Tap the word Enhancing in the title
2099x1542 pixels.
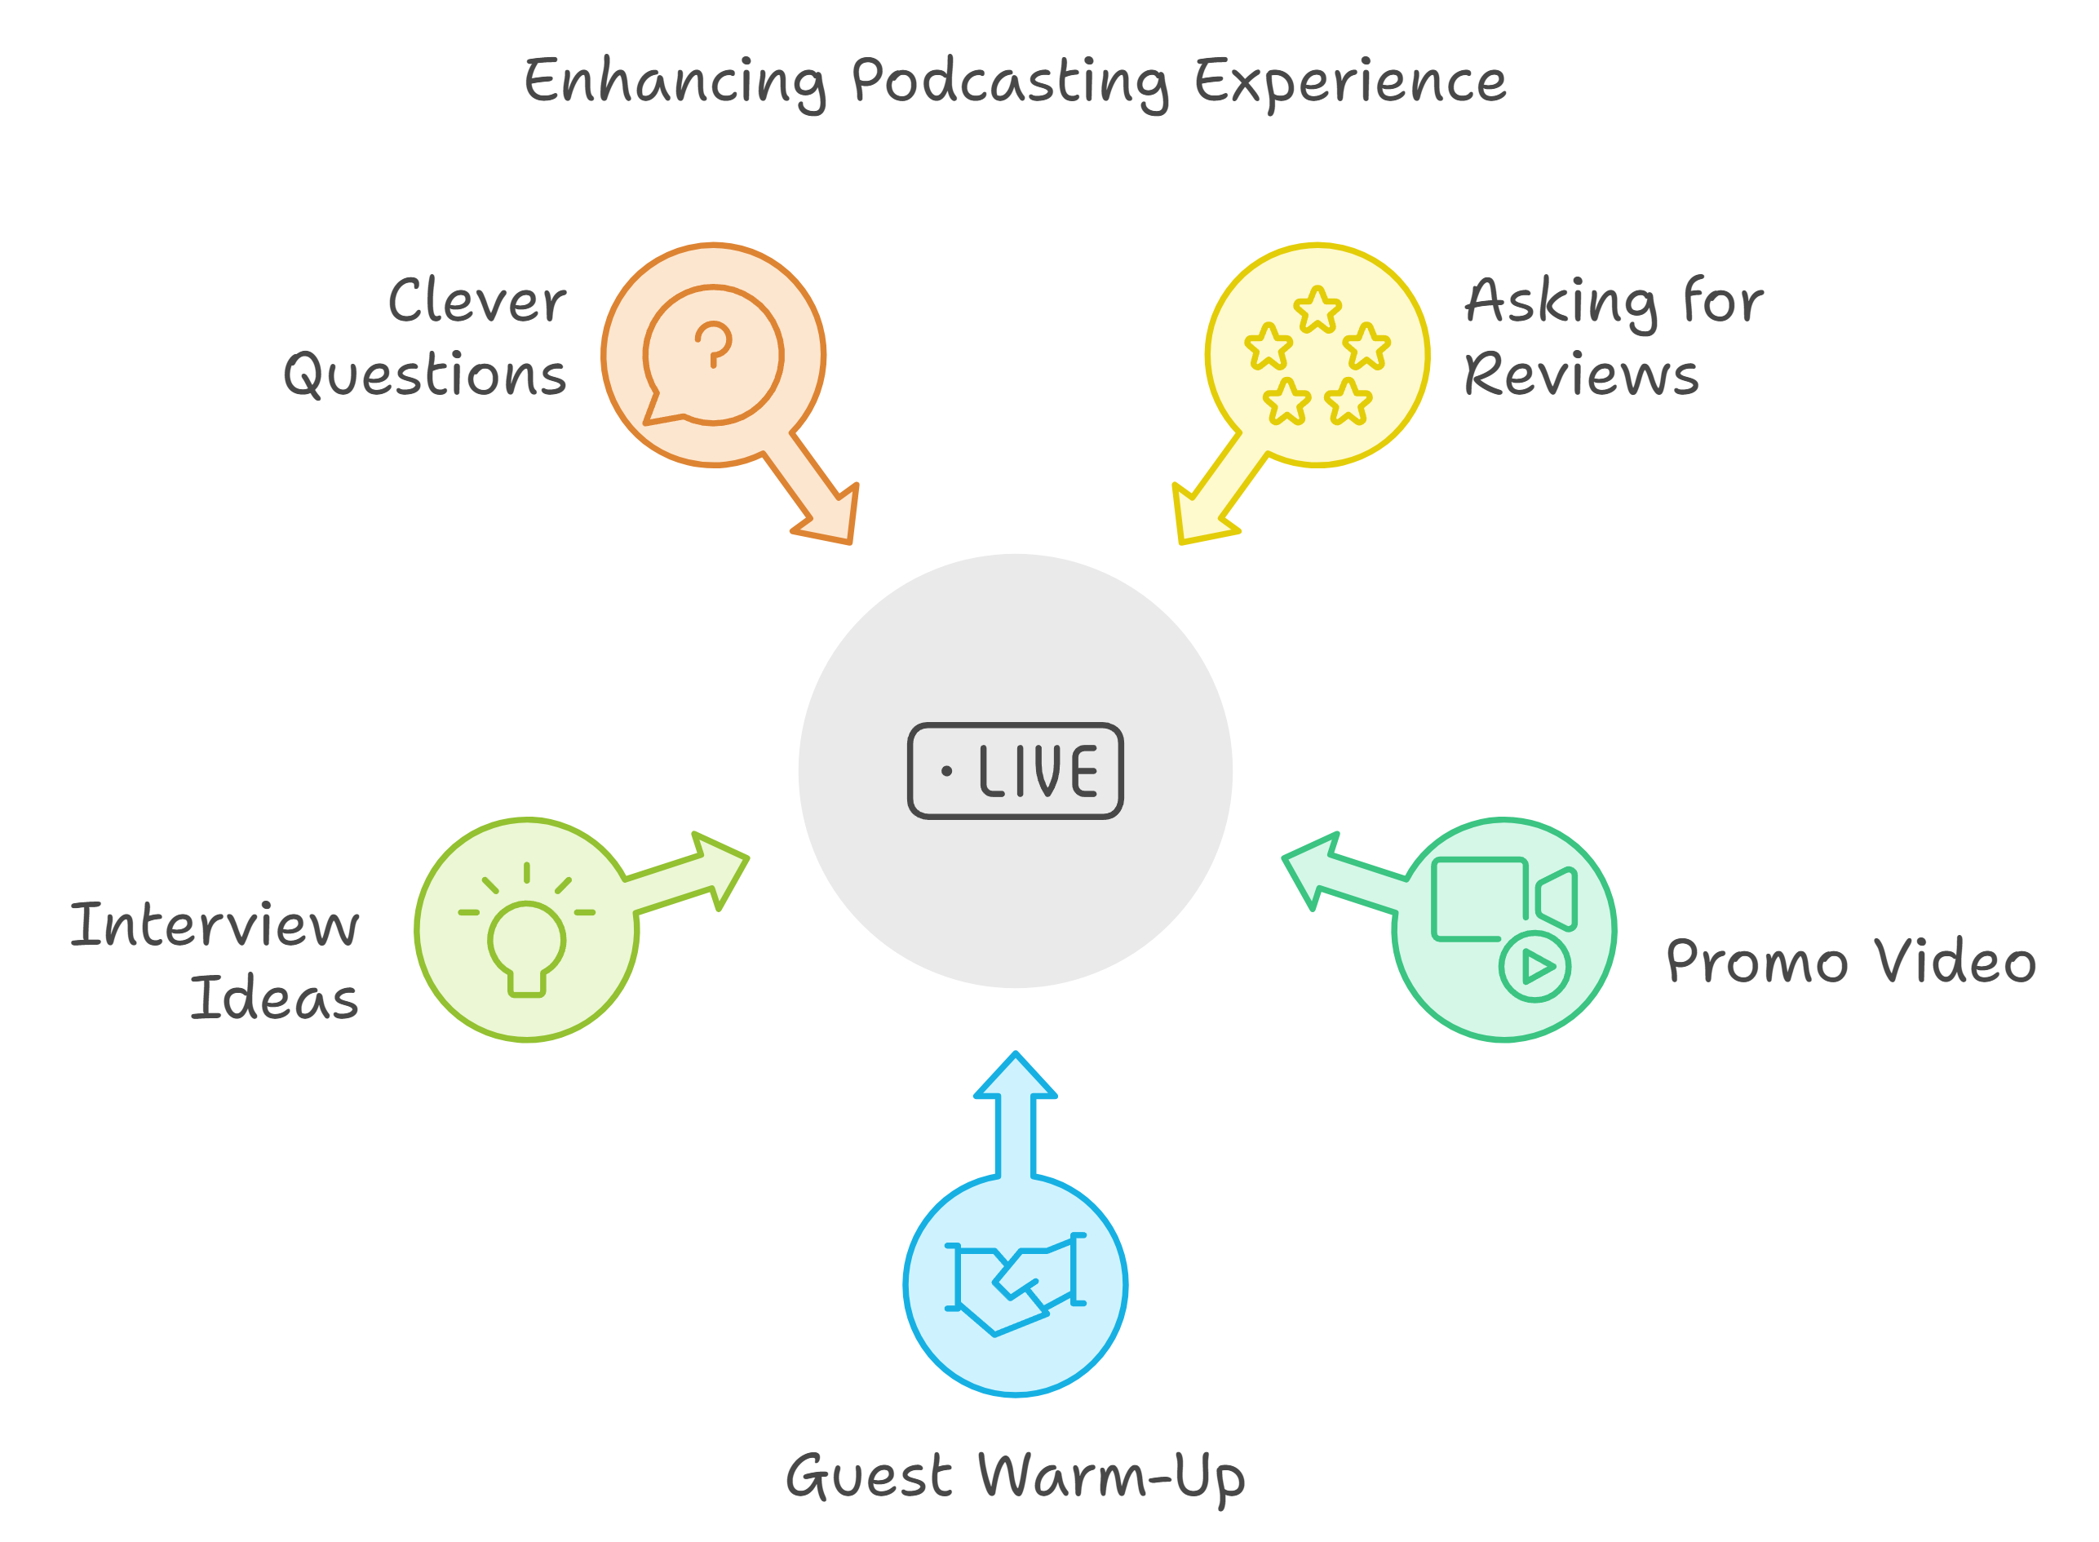point(675,83)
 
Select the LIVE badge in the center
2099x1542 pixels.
point(1015,771)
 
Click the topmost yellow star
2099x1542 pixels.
point(1317,309)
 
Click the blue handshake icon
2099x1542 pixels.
point(1015,1283)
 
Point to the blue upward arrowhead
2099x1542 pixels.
point(1015,1075)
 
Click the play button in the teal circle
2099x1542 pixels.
point(1534,966)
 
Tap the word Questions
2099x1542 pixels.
point(425,375)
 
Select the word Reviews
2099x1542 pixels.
point(1581,375)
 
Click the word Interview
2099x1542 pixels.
point(215,925)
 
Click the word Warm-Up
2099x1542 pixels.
point(1112,1478)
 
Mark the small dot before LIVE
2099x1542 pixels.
point(946,771)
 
